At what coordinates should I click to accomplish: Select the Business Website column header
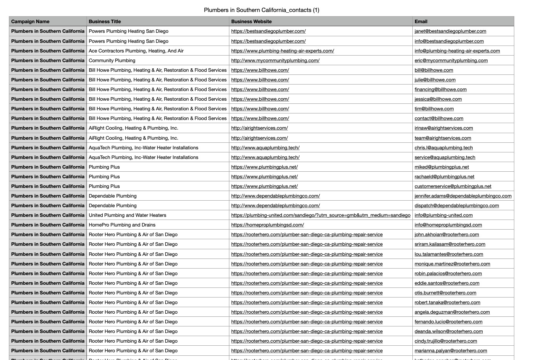point(251,22)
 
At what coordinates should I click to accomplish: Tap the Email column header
point(421,22)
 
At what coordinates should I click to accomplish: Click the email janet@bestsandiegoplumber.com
point(450,31)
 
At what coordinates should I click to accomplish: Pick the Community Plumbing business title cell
point(112,61)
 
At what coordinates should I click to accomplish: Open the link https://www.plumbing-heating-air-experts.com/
point(283,51)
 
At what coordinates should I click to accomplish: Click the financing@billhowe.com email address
point(441,90)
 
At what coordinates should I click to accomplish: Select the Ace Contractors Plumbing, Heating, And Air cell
point(136,51)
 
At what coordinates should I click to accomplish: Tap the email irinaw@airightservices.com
point(444,128)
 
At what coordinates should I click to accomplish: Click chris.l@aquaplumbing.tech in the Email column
point(444,148)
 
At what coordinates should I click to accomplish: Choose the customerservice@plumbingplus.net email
point(453,186)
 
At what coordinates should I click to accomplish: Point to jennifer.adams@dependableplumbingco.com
point(463,196)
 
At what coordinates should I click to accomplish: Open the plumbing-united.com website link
point(321,215)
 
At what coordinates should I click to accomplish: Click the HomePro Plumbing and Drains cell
point(122,225)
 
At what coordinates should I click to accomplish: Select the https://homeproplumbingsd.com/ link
point(268,225)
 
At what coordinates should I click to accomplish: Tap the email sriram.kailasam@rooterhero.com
point(450,244)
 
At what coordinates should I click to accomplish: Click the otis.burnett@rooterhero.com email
point(445,293)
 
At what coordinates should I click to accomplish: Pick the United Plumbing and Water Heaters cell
point(127,215)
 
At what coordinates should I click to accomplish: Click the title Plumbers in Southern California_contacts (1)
point(261,10)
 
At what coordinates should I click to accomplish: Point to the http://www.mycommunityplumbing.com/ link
point(275,61)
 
